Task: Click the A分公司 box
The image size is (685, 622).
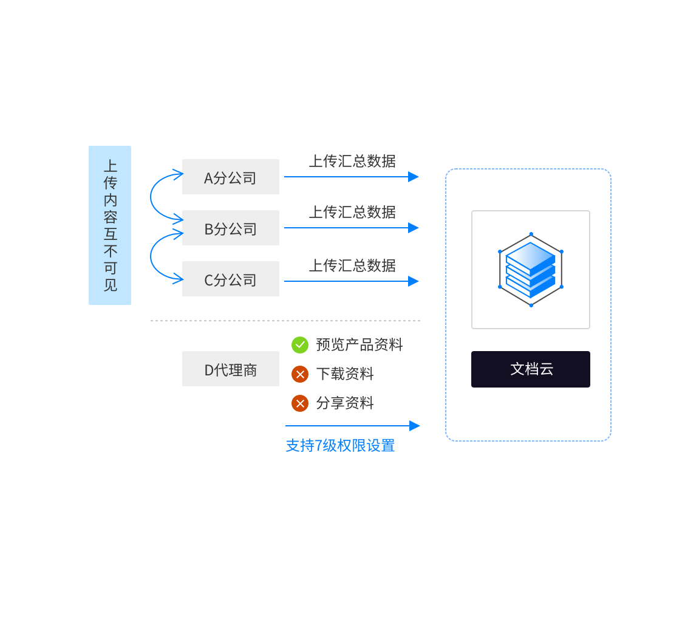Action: click(231, 177)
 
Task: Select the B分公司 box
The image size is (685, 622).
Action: click(231, 228)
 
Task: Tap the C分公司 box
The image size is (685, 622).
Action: click(231, 279)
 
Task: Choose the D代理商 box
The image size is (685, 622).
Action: click(231, 369)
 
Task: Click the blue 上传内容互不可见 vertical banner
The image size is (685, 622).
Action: click(110, 225)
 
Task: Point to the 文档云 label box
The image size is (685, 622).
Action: click(531, 369)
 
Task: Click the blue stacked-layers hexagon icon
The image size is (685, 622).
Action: click(531, 270)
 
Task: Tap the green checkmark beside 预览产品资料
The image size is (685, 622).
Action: click(300, 345)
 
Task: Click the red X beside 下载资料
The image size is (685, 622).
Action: click(300, 374)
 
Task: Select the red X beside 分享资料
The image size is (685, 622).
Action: click(300, 403)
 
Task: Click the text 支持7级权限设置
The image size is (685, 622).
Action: click(341, 445)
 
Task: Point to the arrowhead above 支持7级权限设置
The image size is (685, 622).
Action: click(415, 426)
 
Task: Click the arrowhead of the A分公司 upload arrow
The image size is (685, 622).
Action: click(414, 177)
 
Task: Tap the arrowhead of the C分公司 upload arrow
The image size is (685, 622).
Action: click(414, 281)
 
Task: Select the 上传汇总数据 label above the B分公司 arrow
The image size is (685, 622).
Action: click(352, 212)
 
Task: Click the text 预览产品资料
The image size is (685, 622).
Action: click(360, 345)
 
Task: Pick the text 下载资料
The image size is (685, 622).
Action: click(345, 374)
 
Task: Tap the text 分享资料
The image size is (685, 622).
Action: click(345, 403)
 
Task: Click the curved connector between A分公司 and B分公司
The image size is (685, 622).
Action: click(152, 196)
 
